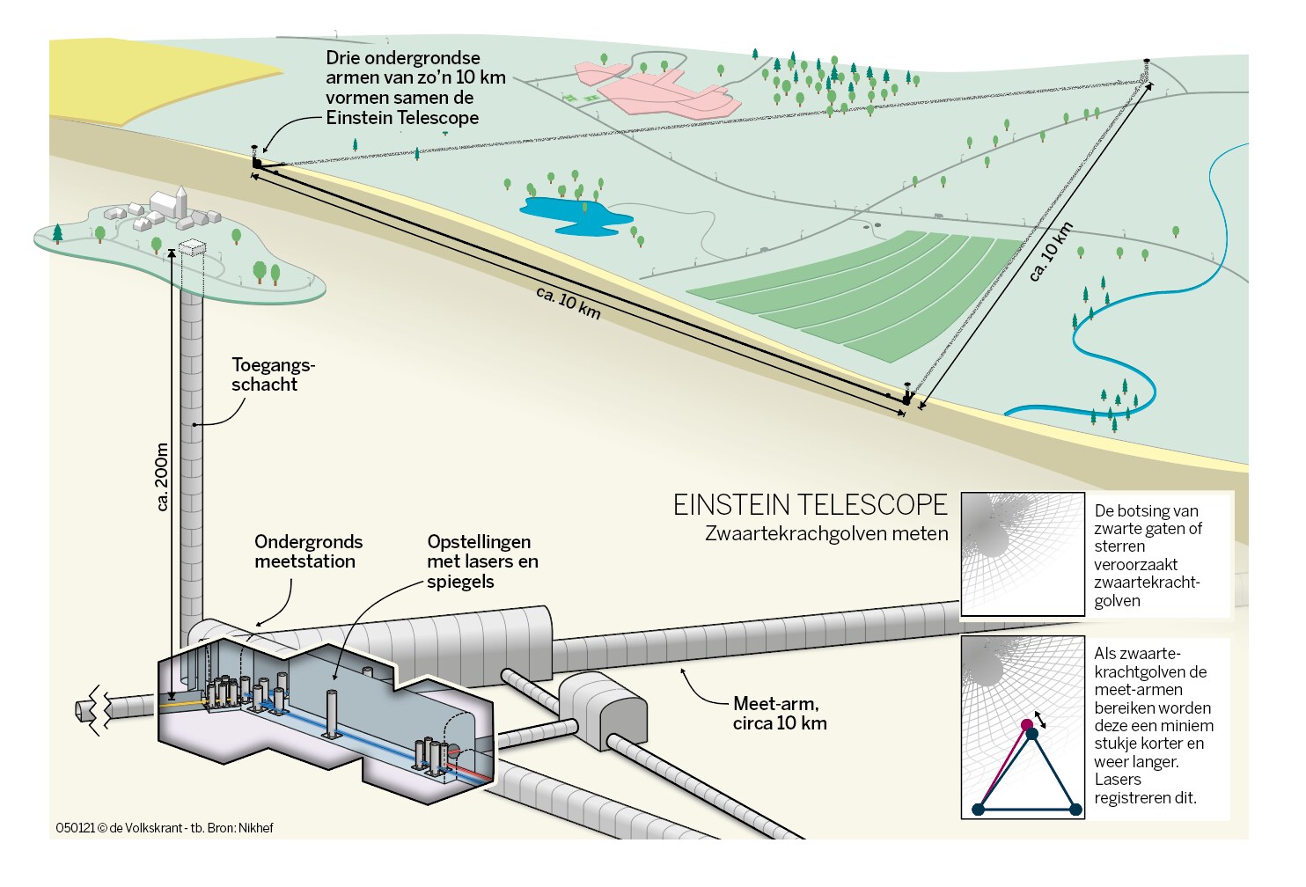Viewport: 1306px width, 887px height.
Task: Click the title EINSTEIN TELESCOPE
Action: pyautogui.click(x=810, y=505)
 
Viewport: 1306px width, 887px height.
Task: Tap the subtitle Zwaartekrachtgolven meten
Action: pyautogui.click(x=826, y=533)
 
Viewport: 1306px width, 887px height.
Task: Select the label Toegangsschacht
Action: pyautogui.click(x=273, y=375)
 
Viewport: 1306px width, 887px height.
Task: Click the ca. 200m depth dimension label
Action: pyautogui.click(x=162, y=476)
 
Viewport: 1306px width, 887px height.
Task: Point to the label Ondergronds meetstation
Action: pyautogui.click(x=308, y=552)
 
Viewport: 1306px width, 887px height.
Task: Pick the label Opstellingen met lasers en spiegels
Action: pyautogui.click(x=482, y=561)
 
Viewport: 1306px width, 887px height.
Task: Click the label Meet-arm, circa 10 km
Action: pyautogui.click(x=780, y=714)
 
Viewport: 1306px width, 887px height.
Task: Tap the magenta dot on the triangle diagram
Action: pyautogui.click(x=1027, y=725)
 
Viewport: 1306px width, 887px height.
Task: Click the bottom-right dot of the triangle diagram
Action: pyautogui.click(x=1075, y=810)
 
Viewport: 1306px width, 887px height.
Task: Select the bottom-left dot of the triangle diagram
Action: pyautogui.click(x=978, y=810)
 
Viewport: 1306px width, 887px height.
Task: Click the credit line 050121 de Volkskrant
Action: pyautogui.click(x=165, y=828)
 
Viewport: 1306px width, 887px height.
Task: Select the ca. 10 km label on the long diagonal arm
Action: pyautogui.click(x=568, y=303)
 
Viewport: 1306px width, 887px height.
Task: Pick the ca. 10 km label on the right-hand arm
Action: pyautogui.click(x=1051, y=253)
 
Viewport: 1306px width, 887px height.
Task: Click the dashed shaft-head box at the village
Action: pyautogui.click(x=191, y=248)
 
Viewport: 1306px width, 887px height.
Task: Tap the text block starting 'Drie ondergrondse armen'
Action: pyautogui.click(x=415, y=88)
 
